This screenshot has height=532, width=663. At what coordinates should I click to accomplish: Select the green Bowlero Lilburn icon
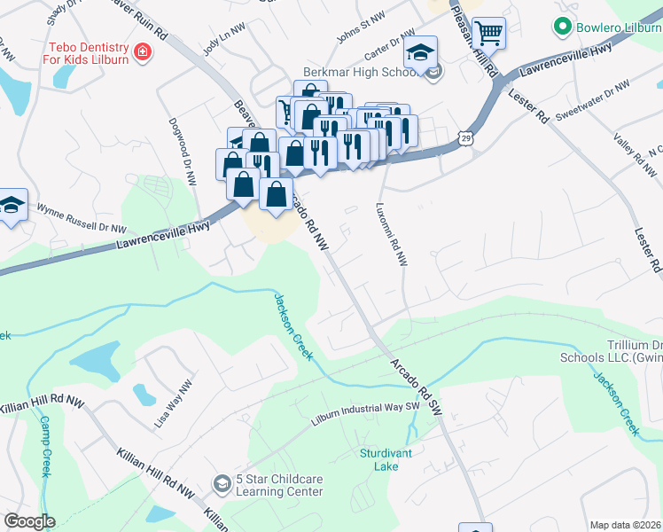(x=559, y=27)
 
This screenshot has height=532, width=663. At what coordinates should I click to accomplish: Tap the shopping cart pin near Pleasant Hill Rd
(x=487, y=35)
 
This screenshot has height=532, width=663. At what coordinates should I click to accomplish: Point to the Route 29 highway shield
(x=465, y=138)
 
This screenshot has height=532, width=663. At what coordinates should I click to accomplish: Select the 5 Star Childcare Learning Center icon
(x=221, y=484)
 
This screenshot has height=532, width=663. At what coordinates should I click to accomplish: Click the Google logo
(x=29, y=520)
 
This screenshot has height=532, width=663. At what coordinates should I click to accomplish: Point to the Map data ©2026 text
(x=626, y=525)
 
